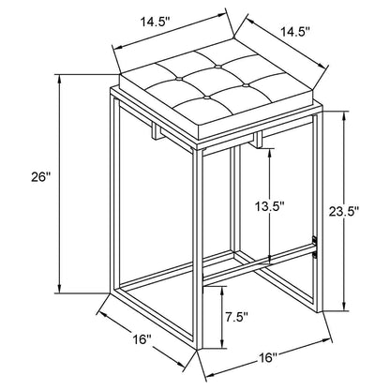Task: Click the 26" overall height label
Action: pos(40,177)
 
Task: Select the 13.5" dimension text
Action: pos(269,206)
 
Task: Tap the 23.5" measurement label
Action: pos(343,212)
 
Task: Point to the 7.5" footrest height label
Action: pos(237,318)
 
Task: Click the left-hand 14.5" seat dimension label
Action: pos(155,22)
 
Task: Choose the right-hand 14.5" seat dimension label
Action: pos(295,32)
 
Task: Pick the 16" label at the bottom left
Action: pos(142,338)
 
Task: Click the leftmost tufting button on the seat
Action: pos(179,78)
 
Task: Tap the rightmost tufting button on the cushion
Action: pos(246,84)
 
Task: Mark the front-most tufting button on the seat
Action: pos(206,97)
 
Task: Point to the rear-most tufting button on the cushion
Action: pos(217,67)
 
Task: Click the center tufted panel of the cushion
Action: pos(212,82)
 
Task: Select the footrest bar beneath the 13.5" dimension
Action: pos(259,264)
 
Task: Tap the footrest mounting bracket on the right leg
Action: pos(315,247)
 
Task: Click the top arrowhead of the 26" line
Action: pos(59,78)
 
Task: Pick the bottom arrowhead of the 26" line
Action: pos(59,290)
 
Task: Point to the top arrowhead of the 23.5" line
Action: pos(345,114)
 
